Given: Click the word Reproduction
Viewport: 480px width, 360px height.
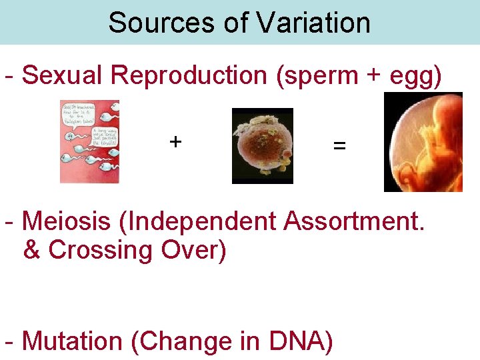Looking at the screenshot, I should point(189,75).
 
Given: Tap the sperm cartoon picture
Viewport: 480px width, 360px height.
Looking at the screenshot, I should point(89,141).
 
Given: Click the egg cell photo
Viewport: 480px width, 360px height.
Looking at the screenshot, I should point(262,145).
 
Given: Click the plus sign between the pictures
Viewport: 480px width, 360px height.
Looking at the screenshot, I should point(175,141).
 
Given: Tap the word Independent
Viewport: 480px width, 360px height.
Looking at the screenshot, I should point(203,221).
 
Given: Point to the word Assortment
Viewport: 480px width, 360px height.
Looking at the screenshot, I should point(353,221).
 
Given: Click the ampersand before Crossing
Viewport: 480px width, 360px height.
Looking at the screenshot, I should point(32,250).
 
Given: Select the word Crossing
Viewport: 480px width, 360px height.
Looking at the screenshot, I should point(101,251).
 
